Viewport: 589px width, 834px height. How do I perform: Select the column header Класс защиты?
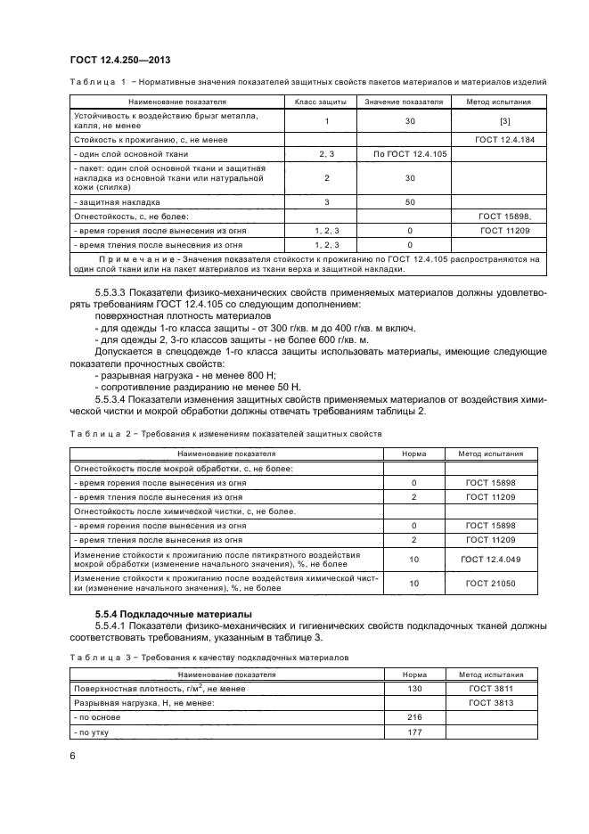319,102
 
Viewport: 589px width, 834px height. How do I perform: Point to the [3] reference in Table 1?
504,120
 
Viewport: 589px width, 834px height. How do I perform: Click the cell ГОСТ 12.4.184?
504,140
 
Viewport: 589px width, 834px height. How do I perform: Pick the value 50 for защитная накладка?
410,202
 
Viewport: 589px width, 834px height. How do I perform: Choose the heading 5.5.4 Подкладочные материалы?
162,615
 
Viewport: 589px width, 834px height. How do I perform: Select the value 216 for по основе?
413,716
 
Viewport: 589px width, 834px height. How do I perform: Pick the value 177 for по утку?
413,732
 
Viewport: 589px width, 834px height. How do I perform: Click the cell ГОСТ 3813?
488,702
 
